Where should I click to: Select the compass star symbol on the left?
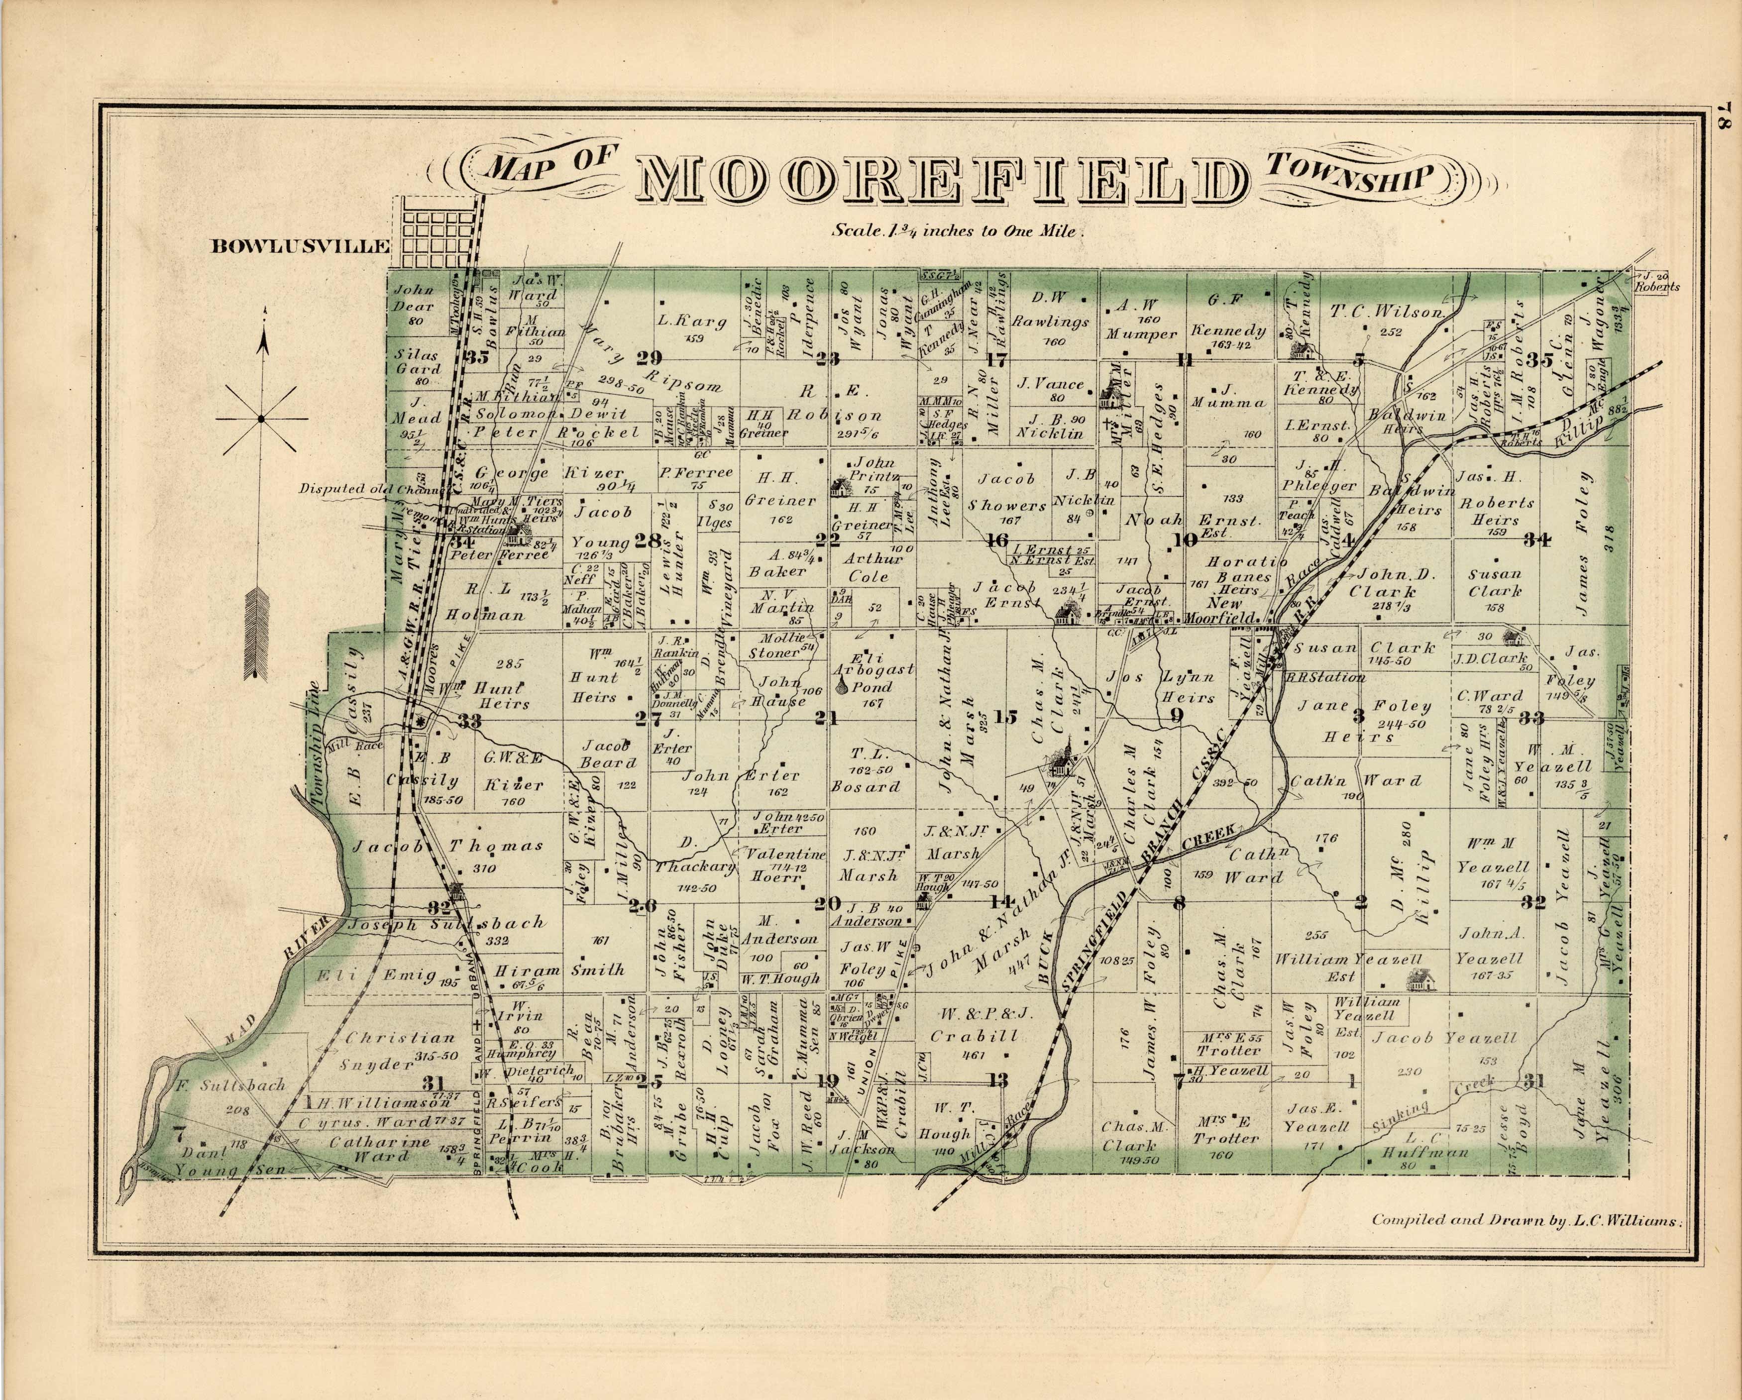click(260, 419)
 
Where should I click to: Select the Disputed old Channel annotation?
click(372, 489)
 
